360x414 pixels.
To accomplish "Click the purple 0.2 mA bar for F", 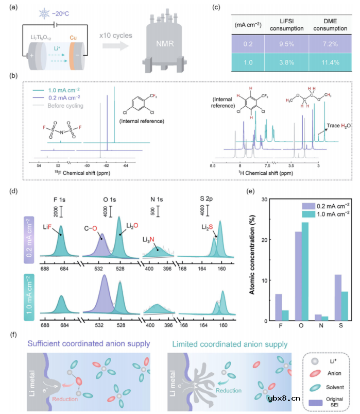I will (279, 307).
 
